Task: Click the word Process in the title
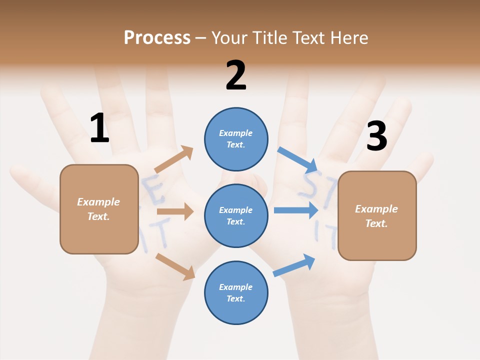pyautogui.click(x=157, y=38)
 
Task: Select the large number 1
pyautogui.click(x=99, y=128)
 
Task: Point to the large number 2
pyautogui.click(x=236, y=75)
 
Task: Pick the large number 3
pyautogui.click(x=376, y=136)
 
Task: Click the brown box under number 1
pyautogui.click(x=99, y=209)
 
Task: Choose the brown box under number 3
pyautogui.click(x=377, y=215)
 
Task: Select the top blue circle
pyautogui.click(x=236, y=139)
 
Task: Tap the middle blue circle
pyautogui.click(x=236, y=216)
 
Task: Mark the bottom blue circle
pyautogui.click(x=236, y=292)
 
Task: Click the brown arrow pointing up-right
pyautogui.click(x=174, y=159)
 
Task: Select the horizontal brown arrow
pyautogui.click(x=175, y=211)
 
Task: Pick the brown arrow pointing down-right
pyautogui.click(x=175, y=266)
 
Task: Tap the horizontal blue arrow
pyautogui.click(x=296, y=210)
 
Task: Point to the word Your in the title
pyautogui.click(x=230, y=38)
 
